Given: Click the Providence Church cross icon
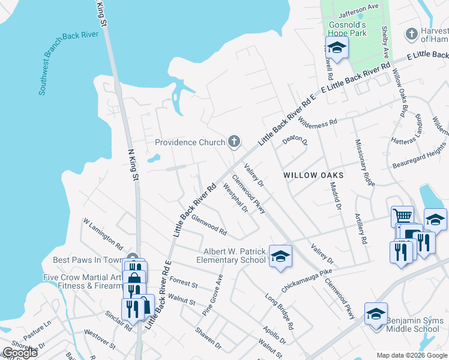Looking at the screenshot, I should click(234, 142).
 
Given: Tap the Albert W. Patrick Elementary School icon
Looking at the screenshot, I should click(280, 256).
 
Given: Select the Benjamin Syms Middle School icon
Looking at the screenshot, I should click(376, 314).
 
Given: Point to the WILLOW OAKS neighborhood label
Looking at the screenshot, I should click(313, 175).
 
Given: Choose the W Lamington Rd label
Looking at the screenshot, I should click(103, 233).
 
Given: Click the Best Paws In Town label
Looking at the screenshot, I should click(88, 260).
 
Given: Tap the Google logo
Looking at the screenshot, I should click(20, 353).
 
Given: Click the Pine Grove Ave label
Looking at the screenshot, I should click(212, 295).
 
